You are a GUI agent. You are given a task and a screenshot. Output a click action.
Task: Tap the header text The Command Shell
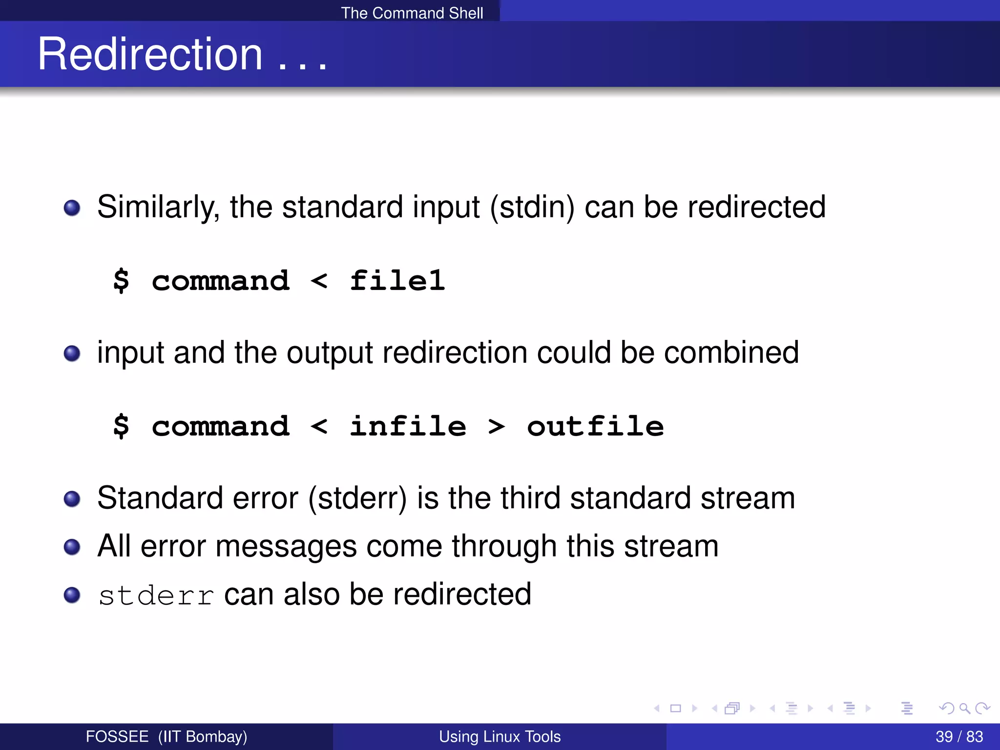[x=412, y=13]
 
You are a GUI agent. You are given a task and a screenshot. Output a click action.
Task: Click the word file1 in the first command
[x=397, y=281]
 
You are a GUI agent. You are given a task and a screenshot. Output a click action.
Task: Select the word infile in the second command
[x=408, y=426]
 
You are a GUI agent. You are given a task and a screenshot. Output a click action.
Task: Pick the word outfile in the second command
[x=595, y=426]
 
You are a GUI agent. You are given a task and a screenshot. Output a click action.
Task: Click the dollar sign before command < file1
[x=121, y=281]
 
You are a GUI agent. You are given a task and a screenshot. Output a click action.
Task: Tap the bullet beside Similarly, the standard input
[x=72, y=208]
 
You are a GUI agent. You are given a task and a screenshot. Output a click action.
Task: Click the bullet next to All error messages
[x=72, y=547]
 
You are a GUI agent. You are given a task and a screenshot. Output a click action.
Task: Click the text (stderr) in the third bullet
[x=357, y=499]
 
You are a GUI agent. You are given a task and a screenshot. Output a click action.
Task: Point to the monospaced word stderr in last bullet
[x=156, y=596]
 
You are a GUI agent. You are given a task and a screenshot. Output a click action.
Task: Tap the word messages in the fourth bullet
[x=286, y=546]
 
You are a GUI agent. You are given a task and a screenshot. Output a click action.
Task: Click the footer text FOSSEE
[x=117, y=736]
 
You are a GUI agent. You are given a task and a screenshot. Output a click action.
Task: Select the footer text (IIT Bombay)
[x=203, y=736]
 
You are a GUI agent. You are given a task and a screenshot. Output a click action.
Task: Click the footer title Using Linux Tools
[x=500, y=736]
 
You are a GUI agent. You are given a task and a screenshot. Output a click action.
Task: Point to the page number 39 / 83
[x=959, y=736]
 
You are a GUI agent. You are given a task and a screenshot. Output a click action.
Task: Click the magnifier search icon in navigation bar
[x=964, y=708]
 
